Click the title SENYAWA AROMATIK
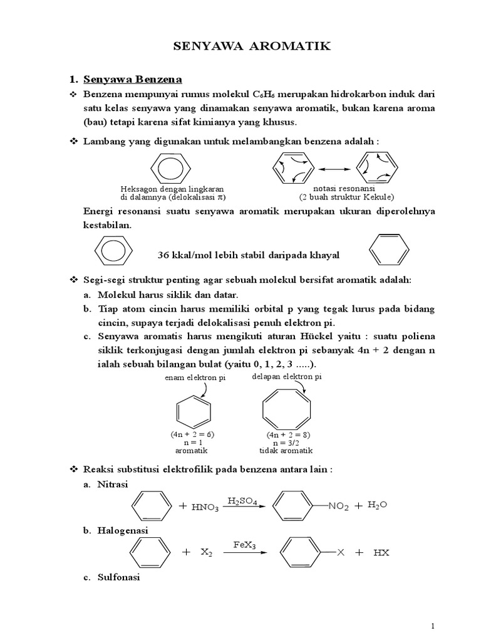pos(241,46)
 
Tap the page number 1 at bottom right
pos(432,626)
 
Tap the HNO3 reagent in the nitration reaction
pos(205,508)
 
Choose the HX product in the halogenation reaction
pos(381,553)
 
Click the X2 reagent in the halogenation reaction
pos(207,553)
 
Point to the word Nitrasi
pos(113,485)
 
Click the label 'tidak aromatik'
pos(286,450)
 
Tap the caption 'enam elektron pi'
pos(195,379)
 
